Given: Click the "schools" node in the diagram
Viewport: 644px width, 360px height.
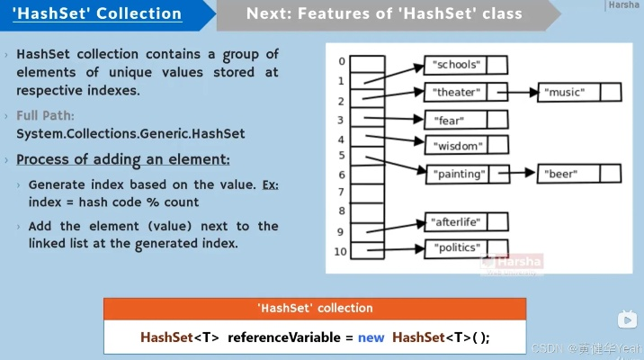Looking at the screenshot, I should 456,65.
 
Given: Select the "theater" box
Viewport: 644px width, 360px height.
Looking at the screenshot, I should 457,92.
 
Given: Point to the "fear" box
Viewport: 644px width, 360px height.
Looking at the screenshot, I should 449,120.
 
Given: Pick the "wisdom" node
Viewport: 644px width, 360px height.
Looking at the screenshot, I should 458,146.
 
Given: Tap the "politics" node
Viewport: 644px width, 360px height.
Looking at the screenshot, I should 458,247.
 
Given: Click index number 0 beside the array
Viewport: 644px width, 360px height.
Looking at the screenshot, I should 341,61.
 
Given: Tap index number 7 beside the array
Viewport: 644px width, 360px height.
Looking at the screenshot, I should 341,192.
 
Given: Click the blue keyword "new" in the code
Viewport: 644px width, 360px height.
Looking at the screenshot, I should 371,337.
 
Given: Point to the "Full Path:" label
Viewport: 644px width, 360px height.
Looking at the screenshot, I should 46,116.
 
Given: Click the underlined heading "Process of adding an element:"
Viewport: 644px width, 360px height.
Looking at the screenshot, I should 123,159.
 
